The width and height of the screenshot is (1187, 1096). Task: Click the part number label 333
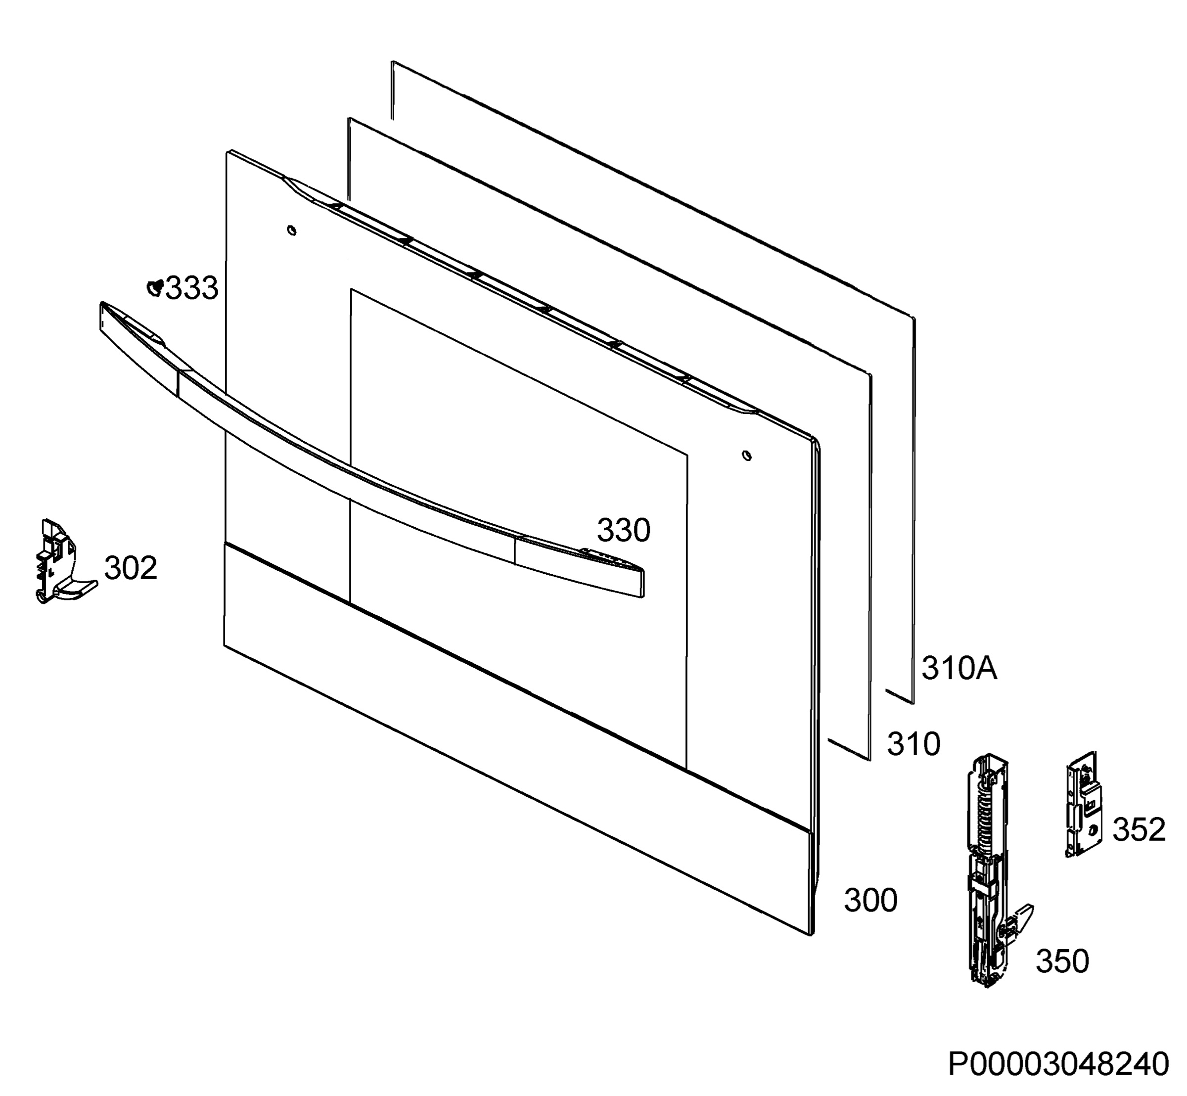[x=191, y=289]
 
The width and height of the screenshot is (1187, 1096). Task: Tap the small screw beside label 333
[x=155, y=288]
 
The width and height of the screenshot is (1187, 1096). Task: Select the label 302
[x=131, y=568]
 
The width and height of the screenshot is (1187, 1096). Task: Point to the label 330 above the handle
[x=624, y=530]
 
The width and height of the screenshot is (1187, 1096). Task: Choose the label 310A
[x=959, y=668]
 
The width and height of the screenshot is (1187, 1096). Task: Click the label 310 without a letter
[x=913, y=744]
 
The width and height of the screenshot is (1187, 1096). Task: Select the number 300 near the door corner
[x=871, y=900]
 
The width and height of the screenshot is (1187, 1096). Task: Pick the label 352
[x=1139, y=829]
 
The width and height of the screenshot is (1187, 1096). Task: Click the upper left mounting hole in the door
[x=291, y=230]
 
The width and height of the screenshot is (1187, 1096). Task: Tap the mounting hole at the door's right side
[x=747, y=456]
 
